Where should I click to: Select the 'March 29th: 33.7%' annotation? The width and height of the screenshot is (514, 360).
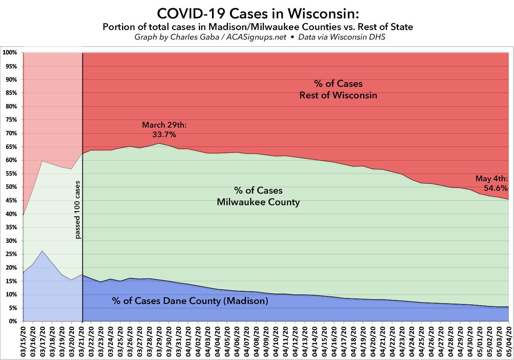coord(164,130)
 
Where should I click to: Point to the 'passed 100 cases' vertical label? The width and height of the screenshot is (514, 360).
coord(78,210)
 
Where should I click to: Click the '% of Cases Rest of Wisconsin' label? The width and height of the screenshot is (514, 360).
coord(338,90)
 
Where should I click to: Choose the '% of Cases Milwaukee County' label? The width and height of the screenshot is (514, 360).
coord(258,196)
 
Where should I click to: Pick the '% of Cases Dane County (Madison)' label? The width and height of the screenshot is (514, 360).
coord(190,301)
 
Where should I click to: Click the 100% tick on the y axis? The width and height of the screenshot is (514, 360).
coord(10,53)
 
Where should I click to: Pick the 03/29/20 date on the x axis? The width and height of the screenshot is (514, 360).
coord(159,340)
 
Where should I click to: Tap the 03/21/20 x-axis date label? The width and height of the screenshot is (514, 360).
coord(82,340)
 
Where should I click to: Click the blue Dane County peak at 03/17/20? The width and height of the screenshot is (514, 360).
coord(42,251)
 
